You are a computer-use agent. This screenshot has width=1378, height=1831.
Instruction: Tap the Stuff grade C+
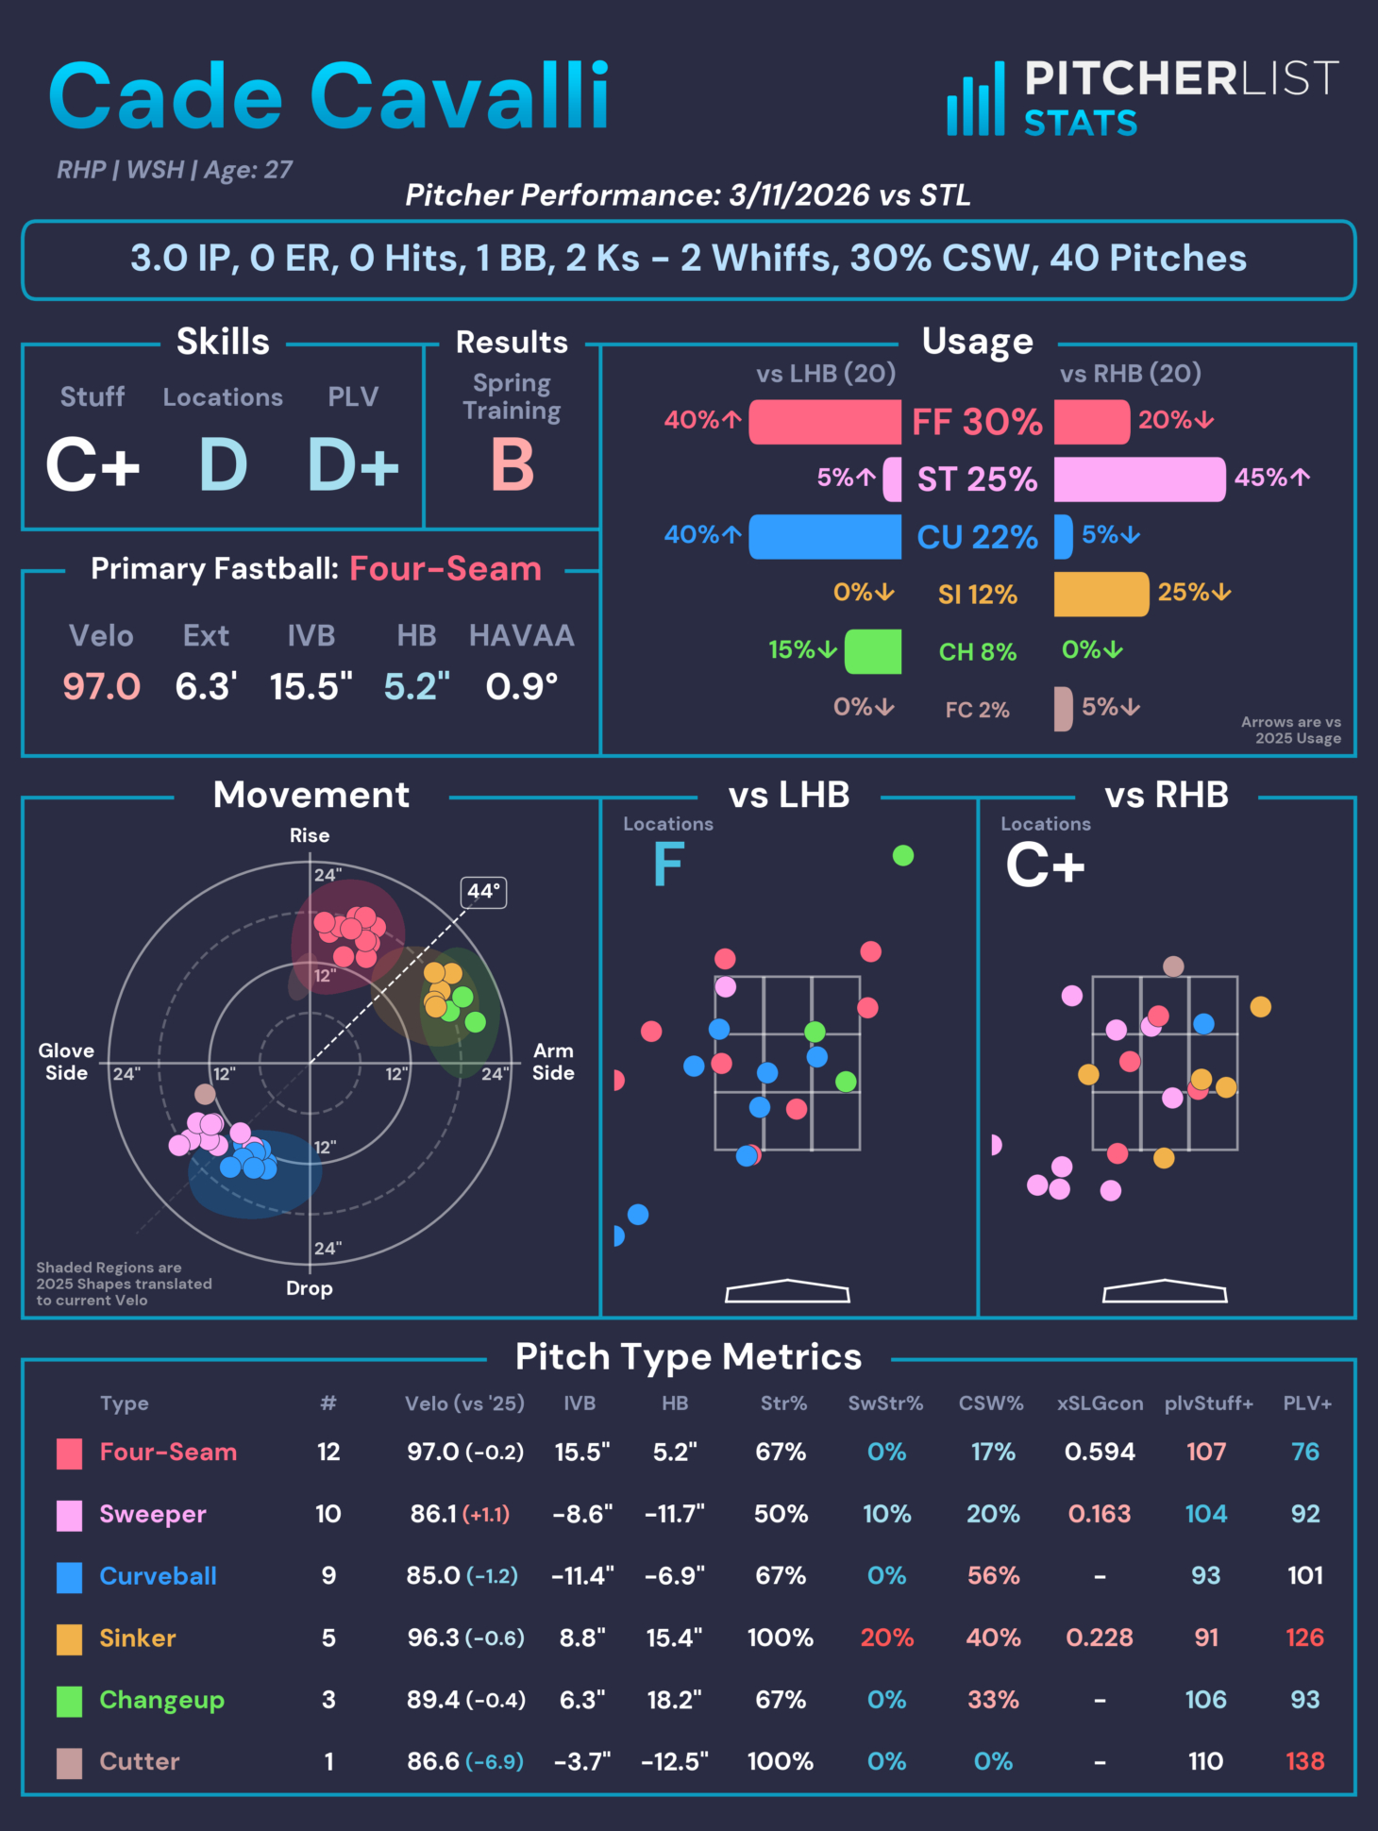click(92, 464)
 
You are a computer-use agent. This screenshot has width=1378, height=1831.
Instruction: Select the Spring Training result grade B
click(512, 464)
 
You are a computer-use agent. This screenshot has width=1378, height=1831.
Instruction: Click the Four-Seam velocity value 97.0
click(101, 686)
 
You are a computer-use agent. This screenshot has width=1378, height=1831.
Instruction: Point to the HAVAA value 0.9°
click(521, 686)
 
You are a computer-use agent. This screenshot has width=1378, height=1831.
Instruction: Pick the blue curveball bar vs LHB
click(825, 536)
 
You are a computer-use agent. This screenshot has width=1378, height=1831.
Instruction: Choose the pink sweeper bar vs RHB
click(1139, 479)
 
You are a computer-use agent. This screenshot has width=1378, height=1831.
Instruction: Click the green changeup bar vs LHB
click(873, 651)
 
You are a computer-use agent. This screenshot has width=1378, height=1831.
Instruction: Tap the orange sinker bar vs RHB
click(1101, 594)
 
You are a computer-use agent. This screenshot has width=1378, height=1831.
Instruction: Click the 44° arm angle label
click(483, 891)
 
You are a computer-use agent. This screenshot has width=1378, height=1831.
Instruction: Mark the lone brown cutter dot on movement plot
click(205, 1094)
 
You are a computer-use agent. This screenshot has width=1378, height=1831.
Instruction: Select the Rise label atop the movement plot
click(310, 835)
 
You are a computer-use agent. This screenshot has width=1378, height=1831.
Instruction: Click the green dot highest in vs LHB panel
click(903, 855)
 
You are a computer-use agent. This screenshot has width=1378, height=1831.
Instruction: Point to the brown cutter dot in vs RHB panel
click(1173, 966)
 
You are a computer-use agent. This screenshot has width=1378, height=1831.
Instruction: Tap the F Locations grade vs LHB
click(668, 865)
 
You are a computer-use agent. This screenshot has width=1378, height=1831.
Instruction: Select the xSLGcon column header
click(1100, 1403)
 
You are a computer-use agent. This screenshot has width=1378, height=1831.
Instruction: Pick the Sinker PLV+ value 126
click(1304, 1638)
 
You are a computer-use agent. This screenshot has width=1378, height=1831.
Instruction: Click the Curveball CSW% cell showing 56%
click(993, 1575)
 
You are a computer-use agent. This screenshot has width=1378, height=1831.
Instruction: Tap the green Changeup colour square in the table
click(69, 1701)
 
